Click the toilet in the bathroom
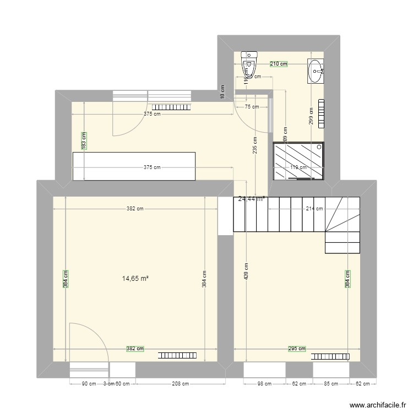pos(250,63)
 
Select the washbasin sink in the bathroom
pos(316,71)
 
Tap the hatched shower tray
pos(298,161)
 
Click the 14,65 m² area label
pos(135,279)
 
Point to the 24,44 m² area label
pos(251,199)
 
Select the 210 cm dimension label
pos(279,64)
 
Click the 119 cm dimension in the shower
pos(298,167)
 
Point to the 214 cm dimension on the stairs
pos(314,209)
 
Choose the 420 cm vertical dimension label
pos(247,270)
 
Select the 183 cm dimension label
pos(84,140)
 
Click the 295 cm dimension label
pos(297,349)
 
